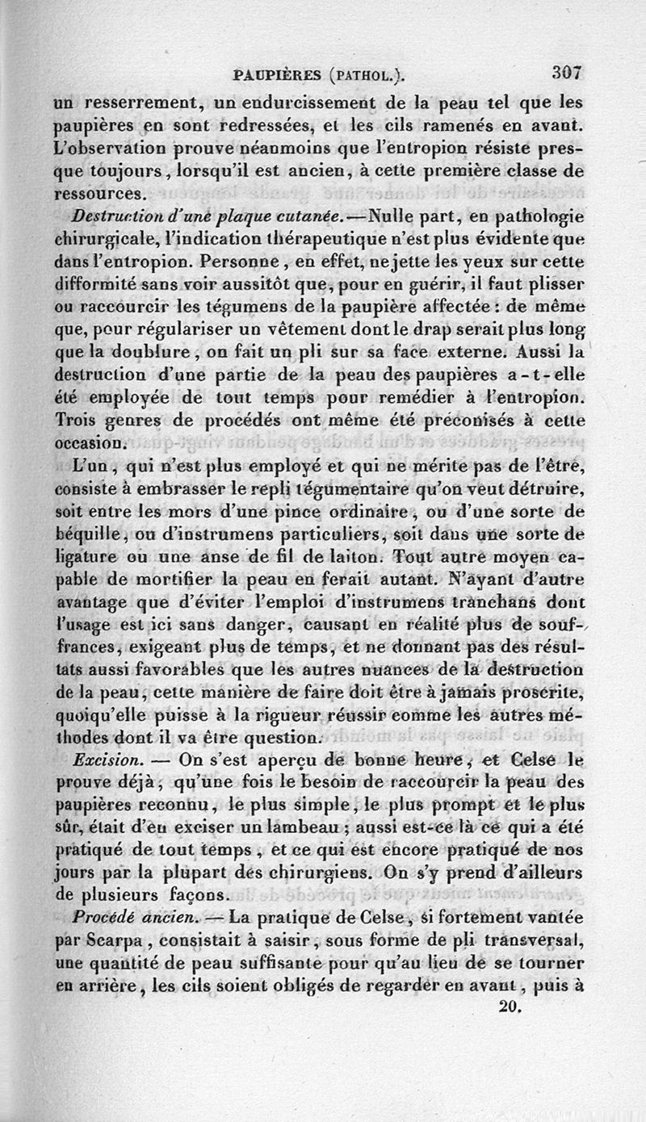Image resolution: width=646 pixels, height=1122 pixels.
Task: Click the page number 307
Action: tap(567, 72)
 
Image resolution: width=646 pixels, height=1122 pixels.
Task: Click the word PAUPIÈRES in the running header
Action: tap(275, 76)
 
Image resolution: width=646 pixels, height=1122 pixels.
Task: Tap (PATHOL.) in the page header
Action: tap(366, 76)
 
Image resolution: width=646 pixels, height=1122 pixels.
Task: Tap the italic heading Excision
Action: tap(107, 760)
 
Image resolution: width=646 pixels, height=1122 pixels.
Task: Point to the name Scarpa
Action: tap(111, 940)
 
